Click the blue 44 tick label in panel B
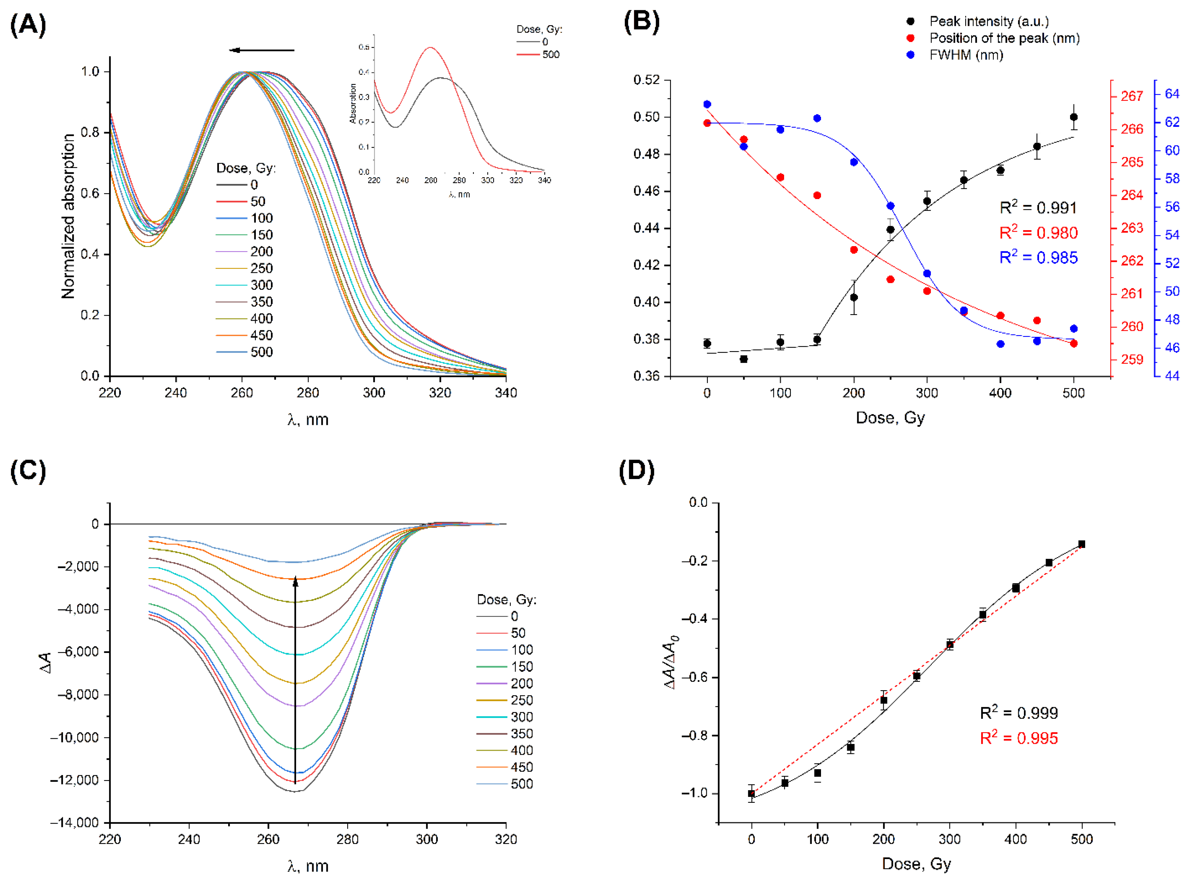1172,376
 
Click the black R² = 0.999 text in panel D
1019,713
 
